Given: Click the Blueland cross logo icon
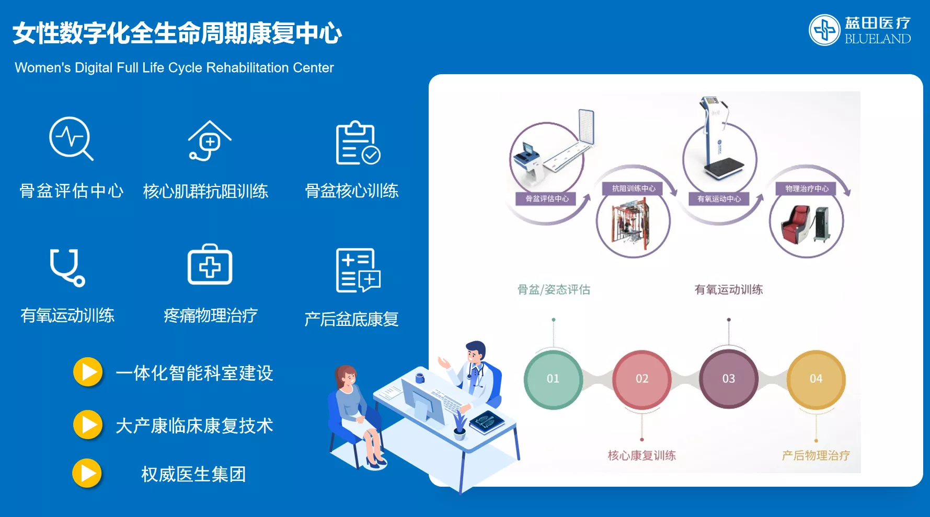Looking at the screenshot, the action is tap(824, 30).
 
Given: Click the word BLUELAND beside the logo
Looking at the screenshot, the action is tap(878, 39).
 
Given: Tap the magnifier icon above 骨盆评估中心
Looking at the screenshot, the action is tap(71, 138).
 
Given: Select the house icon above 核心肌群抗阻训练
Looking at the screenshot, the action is tap(210, 140).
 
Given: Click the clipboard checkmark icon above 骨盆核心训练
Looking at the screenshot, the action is tap(358, 143).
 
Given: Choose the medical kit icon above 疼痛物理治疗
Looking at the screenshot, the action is tap(210, 264).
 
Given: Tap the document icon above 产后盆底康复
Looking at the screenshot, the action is tap(358, 270).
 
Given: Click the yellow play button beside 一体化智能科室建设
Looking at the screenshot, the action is tap(88, 372).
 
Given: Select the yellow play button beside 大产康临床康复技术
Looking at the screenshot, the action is tap(88, 425).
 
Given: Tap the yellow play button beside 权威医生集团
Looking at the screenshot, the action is tap(87, 473).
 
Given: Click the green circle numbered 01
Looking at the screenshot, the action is tap(553, 379).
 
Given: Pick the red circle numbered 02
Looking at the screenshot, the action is tap(642, 379).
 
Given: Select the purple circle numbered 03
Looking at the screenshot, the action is tap(729, 379).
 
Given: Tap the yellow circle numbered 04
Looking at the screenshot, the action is tap(816, 379).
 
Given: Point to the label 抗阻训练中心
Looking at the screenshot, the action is tap(634, 189).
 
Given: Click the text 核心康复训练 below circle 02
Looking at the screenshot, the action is tap(642, 455).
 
